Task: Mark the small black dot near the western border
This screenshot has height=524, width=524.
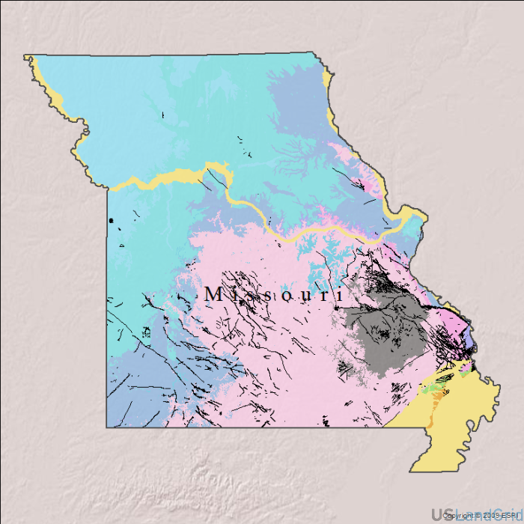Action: coord(111,220)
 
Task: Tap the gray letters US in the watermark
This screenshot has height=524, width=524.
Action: coord(442,515)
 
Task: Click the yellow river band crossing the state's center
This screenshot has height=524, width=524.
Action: coord(284,237)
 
